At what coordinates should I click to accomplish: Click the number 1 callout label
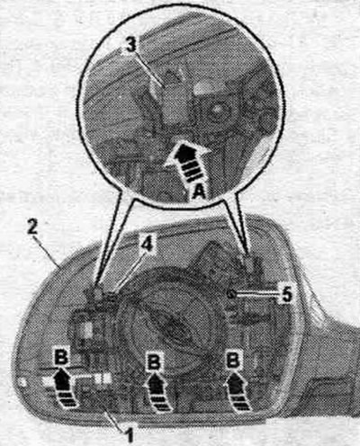tap(130, 435)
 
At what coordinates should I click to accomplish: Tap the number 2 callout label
tap(32, 227)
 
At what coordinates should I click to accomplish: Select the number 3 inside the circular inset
tap(130, 47)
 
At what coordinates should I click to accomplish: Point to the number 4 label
tap(148, 244)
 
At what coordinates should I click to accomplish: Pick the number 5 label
tap(286, 295)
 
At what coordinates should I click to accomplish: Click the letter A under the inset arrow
tap(198, 191)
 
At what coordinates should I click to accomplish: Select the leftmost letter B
tap(62, 357)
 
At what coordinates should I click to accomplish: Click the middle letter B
tap(154, 361)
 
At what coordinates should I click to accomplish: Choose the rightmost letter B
tap(233, 360)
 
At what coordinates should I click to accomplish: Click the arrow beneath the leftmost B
tap(64, 388)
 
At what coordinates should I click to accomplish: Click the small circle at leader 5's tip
tap(230, 294)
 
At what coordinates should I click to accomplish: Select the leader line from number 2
tap(46, 252)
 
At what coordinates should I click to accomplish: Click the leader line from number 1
tap(114, 418)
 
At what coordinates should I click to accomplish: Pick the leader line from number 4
tap(127, 272)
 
